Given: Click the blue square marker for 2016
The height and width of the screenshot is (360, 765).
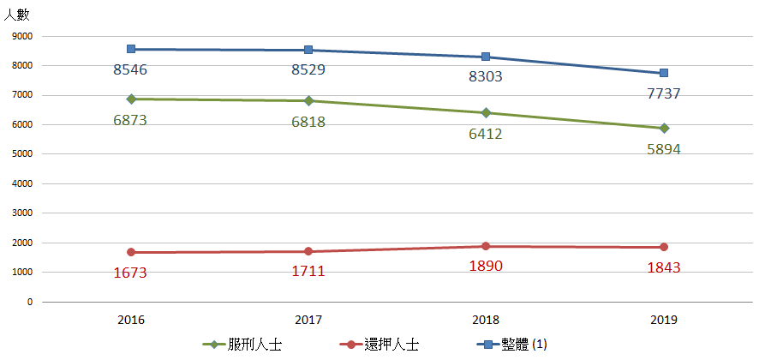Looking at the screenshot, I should coord(131,50).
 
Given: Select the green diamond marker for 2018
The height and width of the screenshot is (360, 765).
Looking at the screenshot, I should coord(487,112).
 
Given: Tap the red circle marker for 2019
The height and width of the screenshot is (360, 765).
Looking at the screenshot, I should coord(664,247).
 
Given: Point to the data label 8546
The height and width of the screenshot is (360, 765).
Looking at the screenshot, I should coord(130,69).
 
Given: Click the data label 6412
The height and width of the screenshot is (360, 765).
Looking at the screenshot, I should coord(486,134).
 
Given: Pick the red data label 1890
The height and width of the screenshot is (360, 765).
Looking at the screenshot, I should coord(486,266).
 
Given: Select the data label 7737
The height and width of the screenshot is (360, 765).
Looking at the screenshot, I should coord(664,93).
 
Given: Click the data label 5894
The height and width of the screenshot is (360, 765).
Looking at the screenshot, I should coord(664,148).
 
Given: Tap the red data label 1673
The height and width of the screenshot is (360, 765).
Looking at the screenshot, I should coord(130,273).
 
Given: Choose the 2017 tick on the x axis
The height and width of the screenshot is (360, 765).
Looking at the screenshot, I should coord(308,320).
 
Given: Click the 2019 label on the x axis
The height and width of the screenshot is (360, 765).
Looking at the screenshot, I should coord(664,320).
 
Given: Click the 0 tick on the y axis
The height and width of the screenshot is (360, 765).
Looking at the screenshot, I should coord(30,302).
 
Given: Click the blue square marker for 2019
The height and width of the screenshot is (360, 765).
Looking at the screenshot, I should coord(664,74).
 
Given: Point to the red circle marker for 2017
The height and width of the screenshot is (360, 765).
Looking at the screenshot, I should coord(308,251).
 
